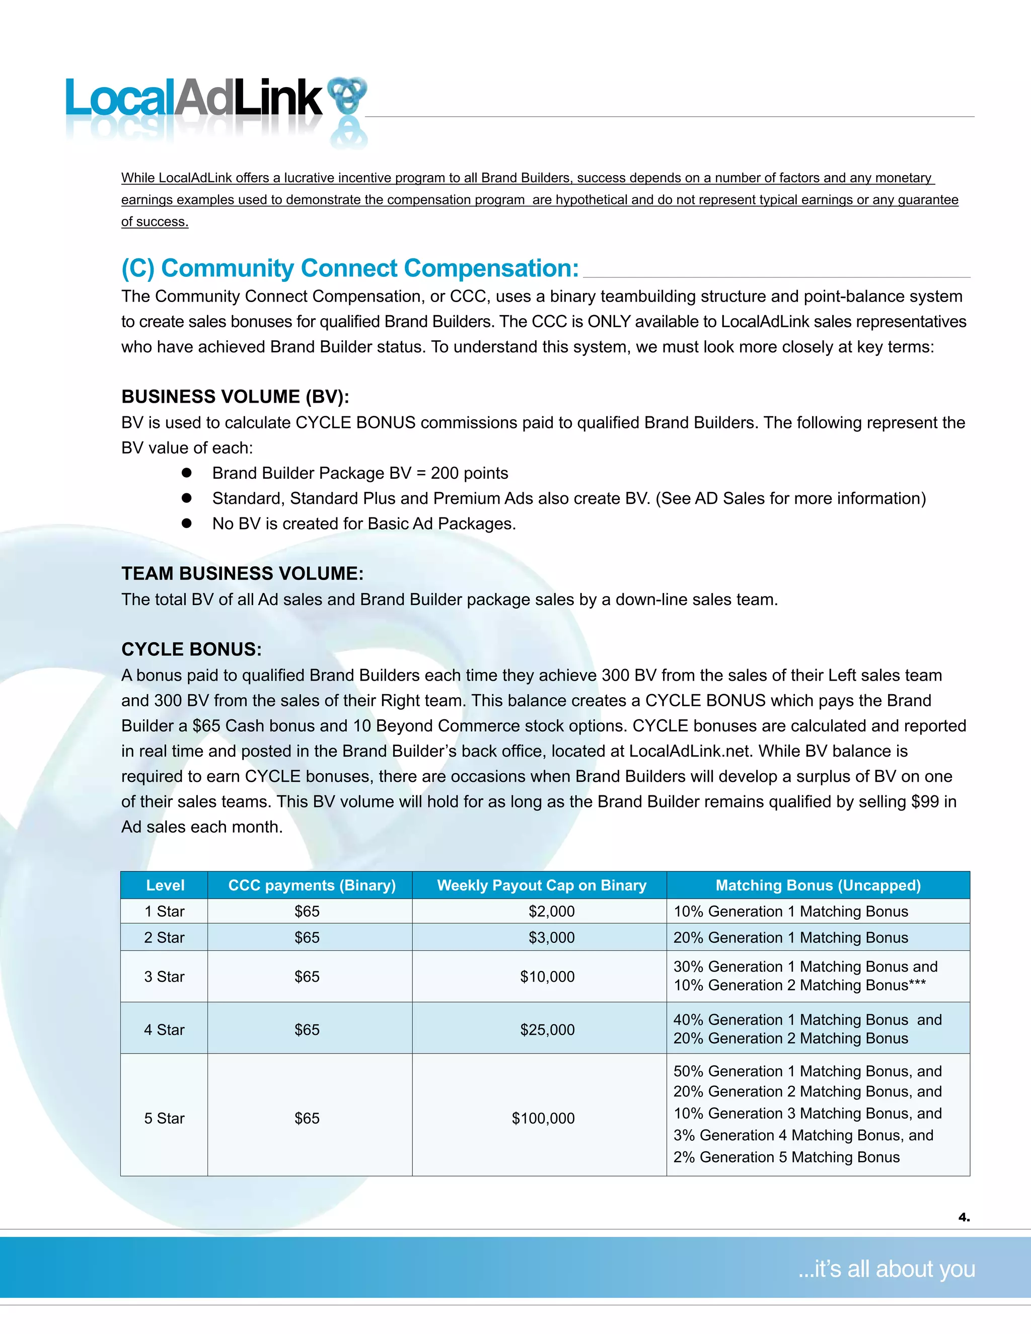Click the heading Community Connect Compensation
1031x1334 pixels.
click(350, 269)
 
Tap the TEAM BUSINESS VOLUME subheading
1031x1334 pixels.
click(243, 573)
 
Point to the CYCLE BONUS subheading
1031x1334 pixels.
click(191, 649)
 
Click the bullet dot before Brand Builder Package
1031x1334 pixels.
click(187, 473)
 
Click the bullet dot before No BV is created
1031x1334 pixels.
click(187, 524)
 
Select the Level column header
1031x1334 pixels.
click(165, 885)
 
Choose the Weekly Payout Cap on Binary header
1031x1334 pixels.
click(541, 885)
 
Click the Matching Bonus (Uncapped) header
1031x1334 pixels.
click(818, 885)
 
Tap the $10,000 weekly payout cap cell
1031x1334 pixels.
click(547, 977)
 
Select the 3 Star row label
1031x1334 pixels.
click(164, 977)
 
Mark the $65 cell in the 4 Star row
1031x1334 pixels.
click(307, 1030)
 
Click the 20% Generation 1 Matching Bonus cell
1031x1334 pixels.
click(790, 938)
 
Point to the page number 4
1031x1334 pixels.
click(963, 1217)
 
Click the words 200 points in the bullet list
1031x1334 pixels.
click(469, 473)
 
